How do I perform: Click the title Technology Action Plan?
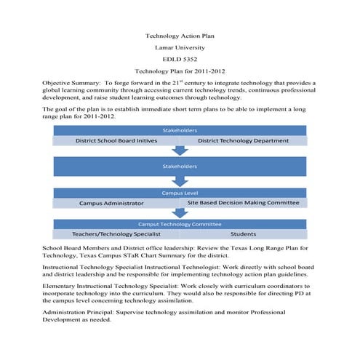(180, 36)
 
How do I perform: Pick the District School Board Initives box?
(116, 140)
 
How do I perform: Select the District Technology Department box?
(243, 140)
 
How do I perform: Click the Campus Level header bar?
(180, 193)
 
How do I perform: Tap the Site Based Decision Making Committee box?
(243, 203)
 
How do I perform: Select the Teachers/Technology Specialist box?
(116, 234)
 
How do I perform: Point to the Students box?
(243, 234)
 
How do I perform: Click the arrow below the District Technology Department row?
(180, 150)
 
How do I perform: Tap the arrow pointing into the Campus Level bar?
(180, 182)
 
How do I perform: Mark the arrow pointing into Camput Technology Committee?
(180, 213)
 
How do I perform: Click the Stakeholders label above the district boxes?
(180, 130)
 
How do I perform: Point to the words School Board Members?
(77, 249)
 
